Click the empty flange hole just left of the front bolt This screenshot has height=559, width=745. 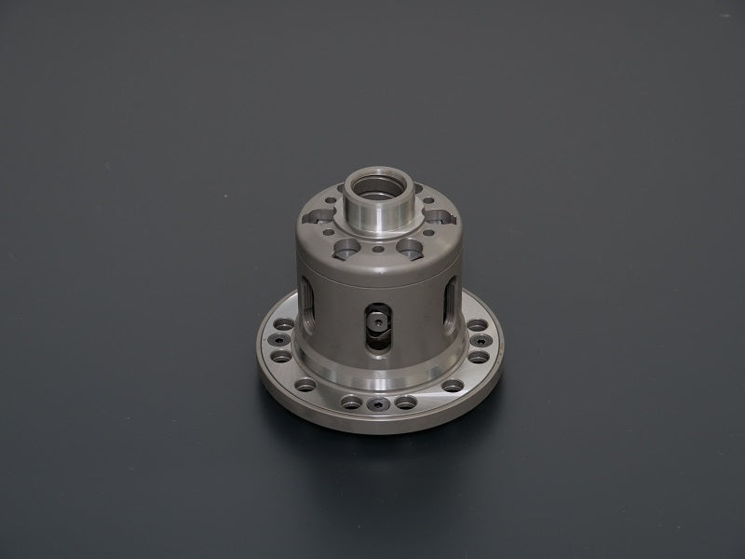tap(349, 402)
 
